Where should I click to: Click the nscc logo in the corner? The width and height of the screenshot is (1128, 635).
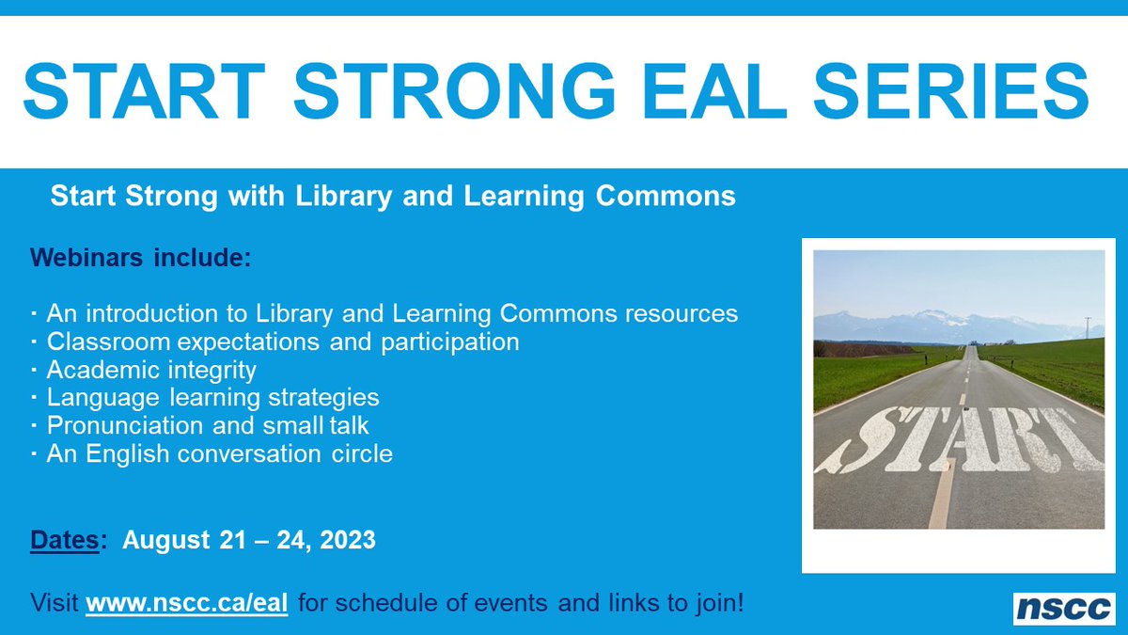[1063, 608]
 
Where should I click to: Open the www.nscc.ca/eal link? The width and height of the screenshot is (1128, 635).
[186, 602]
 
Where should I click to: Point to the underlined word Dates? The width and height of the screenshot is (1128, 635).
[65, 540]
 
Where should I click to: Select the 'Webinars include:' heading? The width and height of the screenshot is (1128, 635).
[141, 257]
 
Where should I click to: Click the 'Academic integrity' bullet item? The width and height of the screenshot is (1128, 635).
[150, 369]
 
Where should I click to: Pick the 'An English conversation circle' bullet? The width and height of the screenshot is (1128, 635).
[218, 453]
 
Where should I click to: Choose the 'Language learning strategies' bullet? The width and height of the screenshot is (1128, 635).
[211, 397]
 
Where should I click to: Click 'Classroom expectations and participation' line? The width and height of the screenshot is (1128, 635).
[282, 341]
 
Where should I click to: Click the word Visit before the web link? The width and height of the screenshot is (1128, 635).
[55, 602]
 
